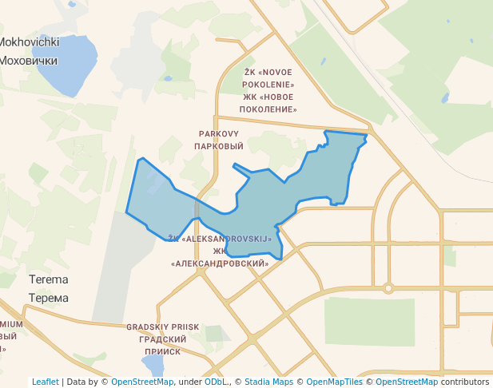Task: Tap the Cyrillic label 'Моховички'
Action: pyautogui.click(x=29, y=60)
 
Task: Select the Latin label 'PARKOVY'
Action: pyautogui.click(x=218, y=134)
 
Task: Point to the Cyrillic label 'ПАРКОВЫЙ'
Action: pyautogui.click(x=218, y=147)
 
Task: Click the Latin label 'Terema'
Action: pyautogui.click(x=48, y=279)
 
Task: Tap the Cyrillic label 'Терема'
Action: pyautogui.click(x=48, y=298)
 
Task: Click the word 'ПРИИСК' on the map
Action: pyautogui.click(x=163, y=351)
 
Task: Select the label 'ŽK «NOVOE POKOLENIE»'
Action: pyautogui.click(x=269, y=78)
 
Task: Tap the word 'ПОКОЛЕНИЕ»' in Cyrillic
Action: pyautogui.click(x=269, y=109)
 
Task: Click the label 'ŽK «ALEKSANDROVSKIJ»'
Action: pyautogui.click(x=221, y=239)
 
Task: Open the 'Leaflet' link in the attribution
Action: pyautogui.click(x=46, y=382)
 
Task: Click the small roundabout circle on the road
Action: pyautogui.click(x=388, y=288)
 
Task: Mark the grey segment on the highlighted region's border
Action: pyautogui.click(x=197, y=208)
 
